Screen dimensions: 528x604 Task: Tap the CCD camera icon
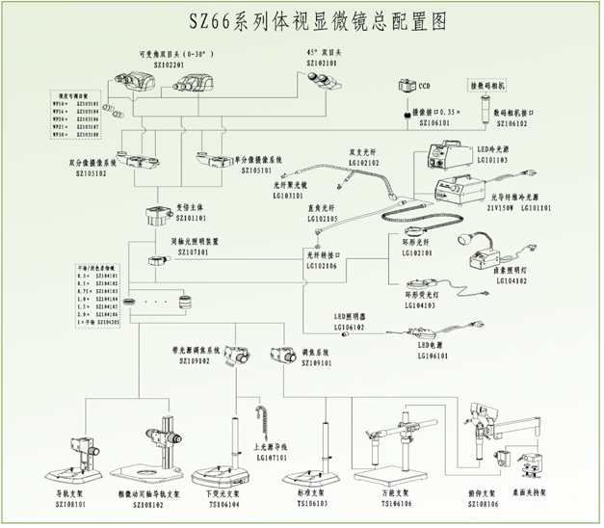[x=406, y=88]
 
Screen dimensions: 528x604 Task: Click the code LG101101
[x=536, y=207]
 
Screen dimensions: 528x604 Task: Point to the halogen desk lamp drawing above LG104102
[x=478, y=252]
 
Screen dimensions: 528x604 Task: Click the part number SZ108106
[x=484, y=504]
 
